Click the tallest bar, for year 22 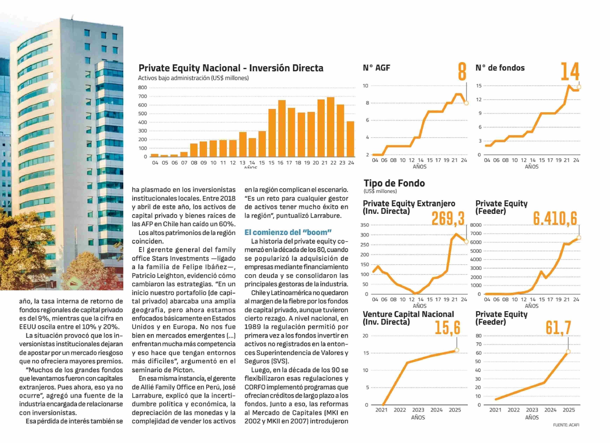pyautogui.click(x=330, y=127)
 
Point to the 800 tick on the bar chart pyautogui.click(x=143, y=87)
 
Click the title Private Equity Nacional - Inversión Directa pyautogui.click(x=231, y=68)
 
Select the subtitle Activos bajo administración pyautogui.click(x=193, y=78)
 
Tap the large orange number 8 pyautogui.click(x=462, y=72)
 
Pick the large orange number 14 pyautogui.click(x=570, y=72)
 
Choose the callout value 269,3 pyautogui.click(x=448, y=218)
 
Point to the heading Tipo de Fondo pyautogui.click(x=394, y=183)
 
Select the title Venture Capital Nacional pyautogui.click(x=408, y=314)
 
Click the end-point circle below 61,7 pyautogui.click(x=568, y=352)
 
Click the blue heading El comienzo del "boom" pyautogui.click(x=288, y=232)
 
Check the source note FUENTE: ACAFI pyautogui.click(x=566, y=425)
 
